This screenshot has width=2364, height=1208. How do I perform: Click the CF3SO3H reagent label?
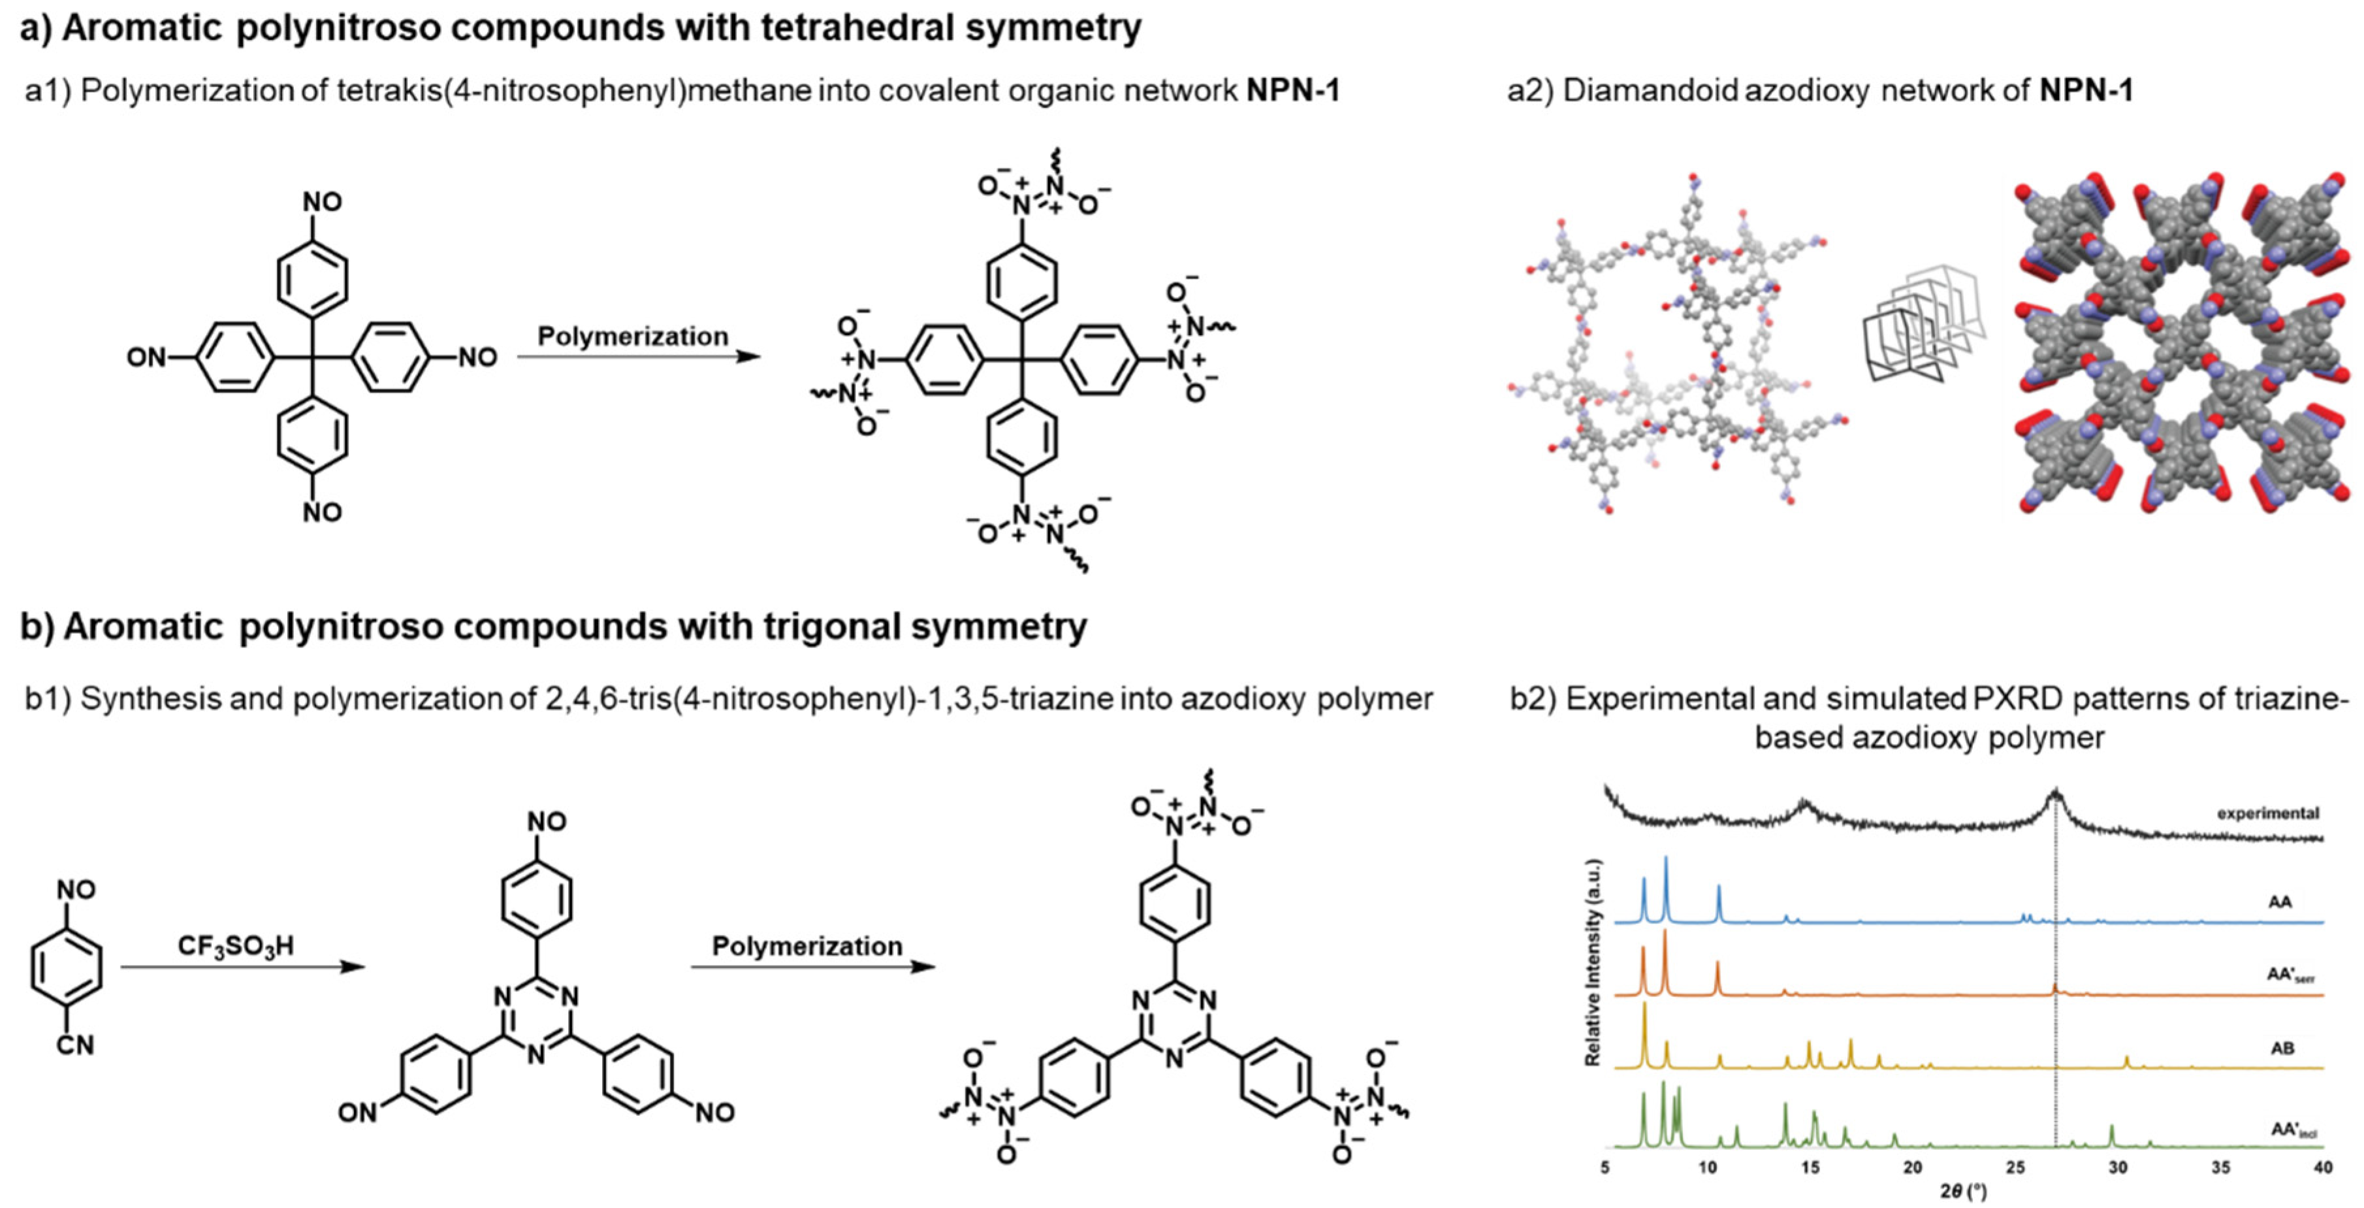coord(236,945)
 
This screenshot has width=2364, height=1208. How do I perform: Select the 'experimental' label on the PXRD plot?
coord(2267,813)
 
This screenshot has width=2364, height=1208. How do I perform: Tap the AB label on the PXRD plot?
coord(2282,1049)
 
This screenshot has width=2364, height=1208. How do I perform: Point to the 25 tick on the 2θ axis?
coord(2015,1167)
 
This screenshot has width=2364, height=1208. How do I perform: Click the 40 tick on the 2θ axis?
coord(2322,1167)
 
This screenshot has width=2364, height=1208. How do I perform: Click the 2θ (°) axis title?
coord(1963,1192)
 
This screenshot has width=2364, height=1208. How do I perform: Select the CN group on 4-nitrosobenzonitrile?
coord(75,1045)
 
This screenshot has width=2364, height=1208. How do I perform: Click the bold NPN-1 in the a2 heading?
coord(2086,90)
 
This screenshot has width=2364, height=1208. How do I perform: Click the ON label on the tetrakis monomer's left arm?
coord(147,357)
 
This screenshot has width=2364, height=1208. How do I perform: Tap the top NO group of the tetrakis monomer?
coord(322,201)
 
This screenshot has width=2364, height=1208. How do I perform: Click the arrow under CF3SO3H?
coord(243,966)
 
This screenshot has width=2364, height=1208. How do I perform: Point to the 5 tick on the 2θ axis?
coord(1605,1167)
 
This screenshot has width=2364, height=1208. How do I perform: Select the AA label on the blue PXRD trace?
coord(2280,902)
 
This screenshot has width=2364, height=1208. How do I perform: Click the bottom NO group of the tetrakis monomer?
coord(322,512)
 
